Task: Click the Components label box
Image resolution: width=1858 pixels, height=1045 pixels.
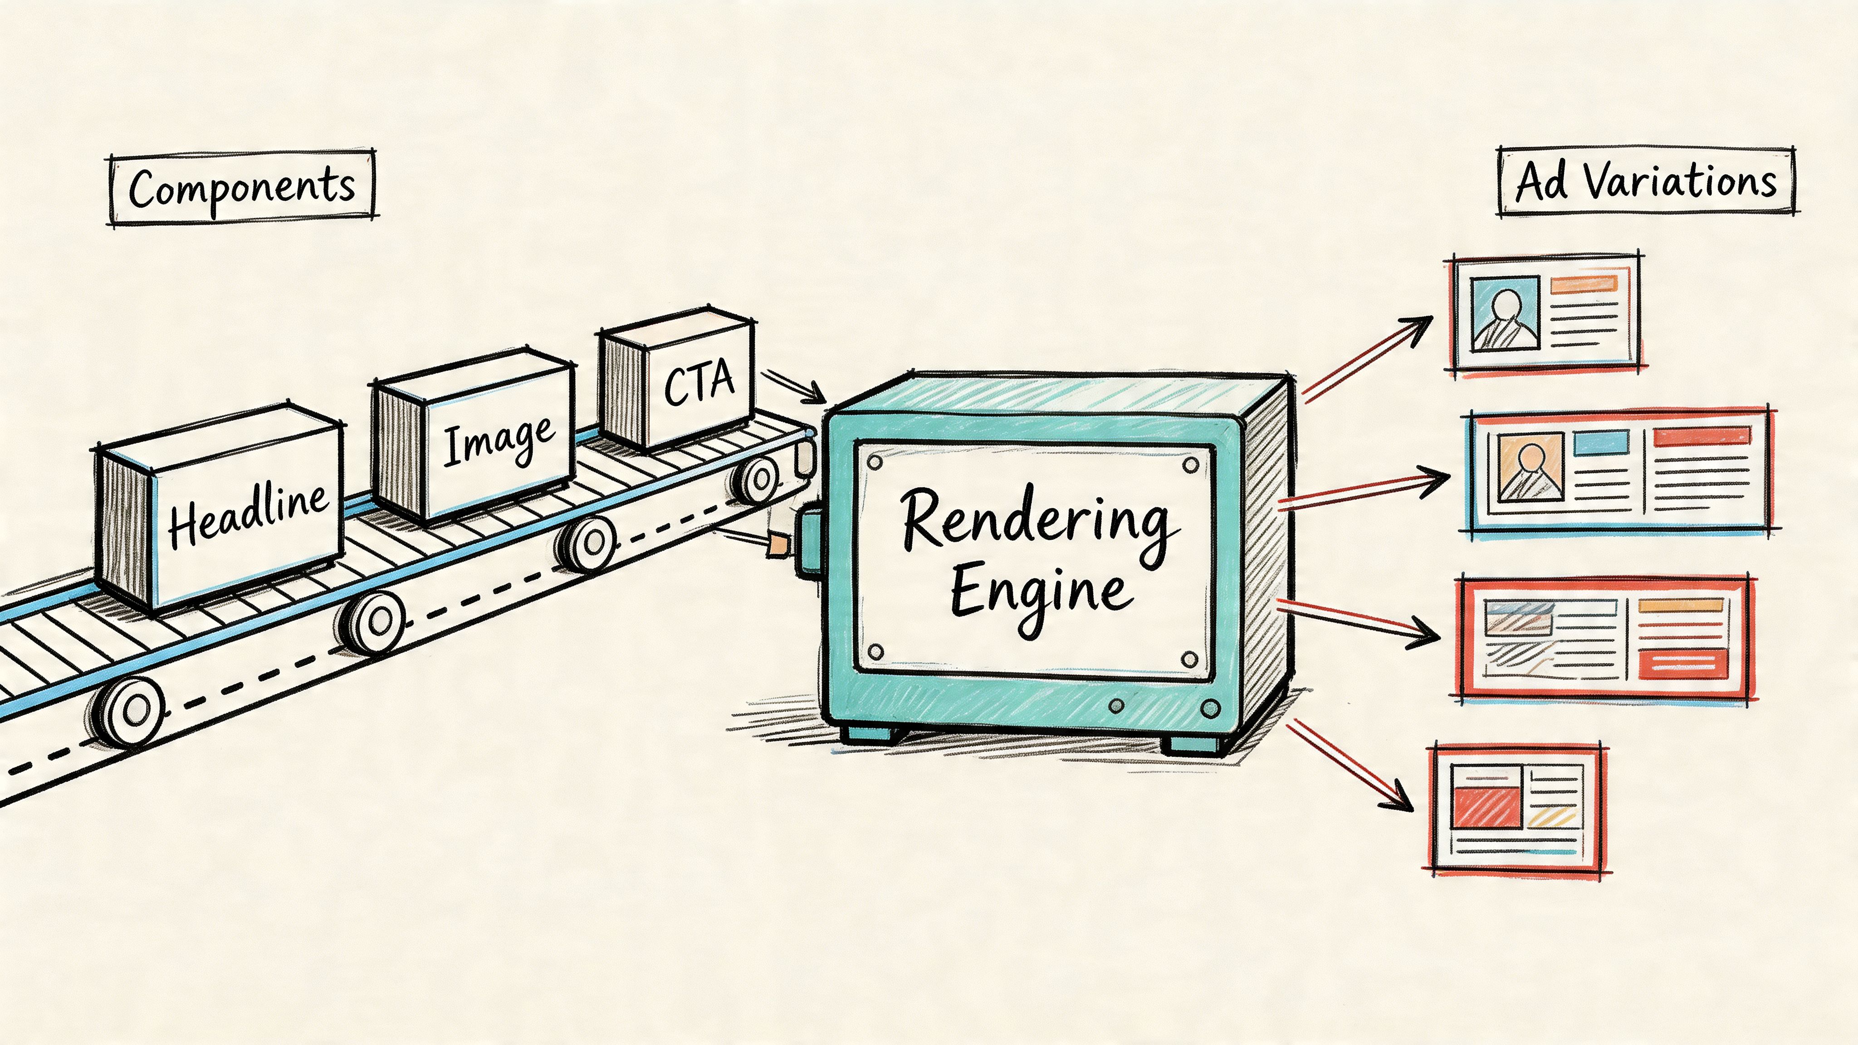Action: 242,187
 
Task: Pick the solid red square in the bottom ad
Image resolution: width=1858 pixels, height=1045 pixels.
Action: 1486,807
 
